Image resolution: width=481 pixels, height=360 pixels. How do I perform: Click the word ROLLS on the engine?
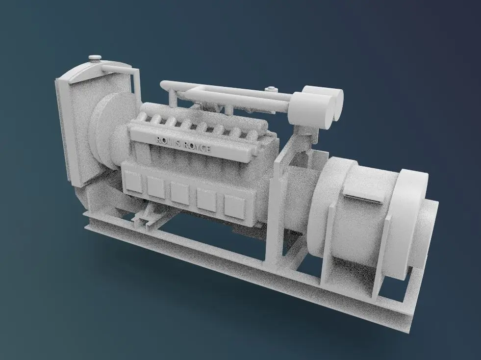click(168, 142)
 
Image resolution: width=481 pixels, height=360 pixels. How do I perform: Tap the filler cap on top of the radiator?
click(95, 58)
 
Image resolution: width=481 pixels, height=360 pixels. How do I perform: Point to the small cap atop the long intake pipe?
click(270, 89)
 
